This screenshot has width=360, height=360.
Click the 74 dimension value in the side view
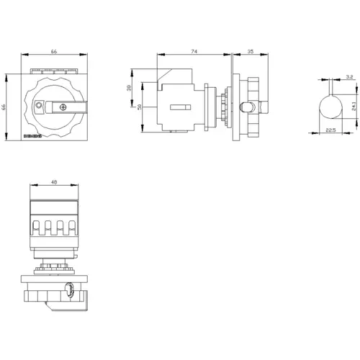point(195,51)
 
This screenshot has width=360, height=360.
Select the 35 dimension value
point(249,51)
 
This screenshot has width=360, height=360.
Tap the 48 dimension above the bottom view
point(55,182)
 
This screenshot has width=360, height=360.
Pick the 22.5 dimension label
point(330,130)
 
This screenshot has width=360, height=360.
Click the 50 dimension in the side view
point(140,107)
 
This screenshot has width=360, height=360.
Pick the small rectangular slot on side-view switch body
point(181,107)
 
